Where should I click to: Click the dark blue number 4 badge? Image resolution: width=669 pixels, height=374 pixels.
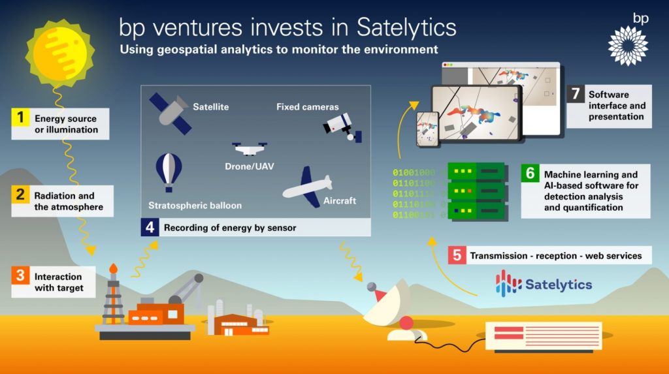click(x=150, y=228)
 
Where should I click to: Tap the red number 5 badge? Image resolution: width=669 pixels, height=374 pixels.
click(x=456, y=255)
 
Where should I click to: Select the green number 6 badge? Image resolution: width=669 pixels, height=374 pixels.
click(x=530, y=173)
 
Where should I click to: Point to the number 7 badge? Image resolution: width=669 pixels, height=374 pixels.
click(x=575, y=93)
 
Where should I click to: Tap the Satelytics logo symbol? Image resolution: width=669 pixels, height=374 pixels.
click(x=507, y=284)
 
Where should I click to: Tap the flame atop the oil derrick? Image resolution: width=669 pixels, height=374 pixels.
click(x=113, y=268)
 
